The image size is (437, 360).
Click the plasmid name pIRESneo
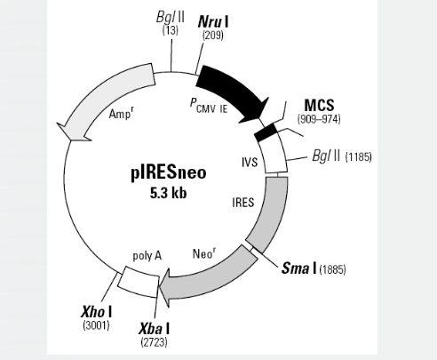point(169,172)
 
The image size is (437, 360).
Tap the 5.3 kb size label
point(169,193)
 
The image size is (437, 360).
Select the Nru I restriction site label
point(213,21)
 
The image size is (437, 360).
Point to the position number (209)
point(213,36)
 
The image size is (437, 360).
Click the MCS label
point(319,105)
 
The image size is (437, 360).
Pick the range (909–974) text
point(319,119)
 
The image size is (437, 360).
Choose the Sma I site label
point(299,268)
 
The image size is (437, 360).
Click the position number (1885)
point(332,269)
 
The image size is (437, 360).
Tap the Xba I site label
point(155,329)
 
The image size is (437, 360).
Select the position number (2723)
point(154,342)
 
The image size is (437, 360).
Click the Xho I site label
point(97,312)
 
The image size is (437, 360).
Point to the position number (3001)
point(96,325)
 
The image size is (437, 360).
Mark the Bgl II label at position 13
point(171,18)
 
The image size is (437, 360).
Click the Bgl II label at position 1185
point(326,156)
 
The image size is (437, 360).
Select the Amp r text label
point(122,113)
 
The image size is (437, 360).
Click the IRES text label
point(243,203)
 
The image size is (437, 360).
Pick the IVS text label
point(250,163)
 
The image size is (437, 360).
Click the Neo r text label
point(204,253)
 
